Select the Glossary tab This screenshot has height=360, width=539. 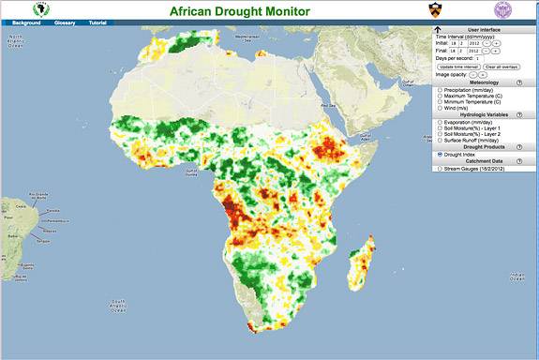click(65, 22)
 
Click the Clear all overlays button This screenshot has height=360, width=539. click(502, 67)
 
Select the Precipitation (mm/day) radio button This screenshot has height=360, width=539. click(440, 90)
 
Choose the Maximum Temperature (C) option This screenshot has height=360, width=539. click(440, 97)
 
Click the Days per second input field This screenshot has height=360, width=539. click(480, 58)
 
